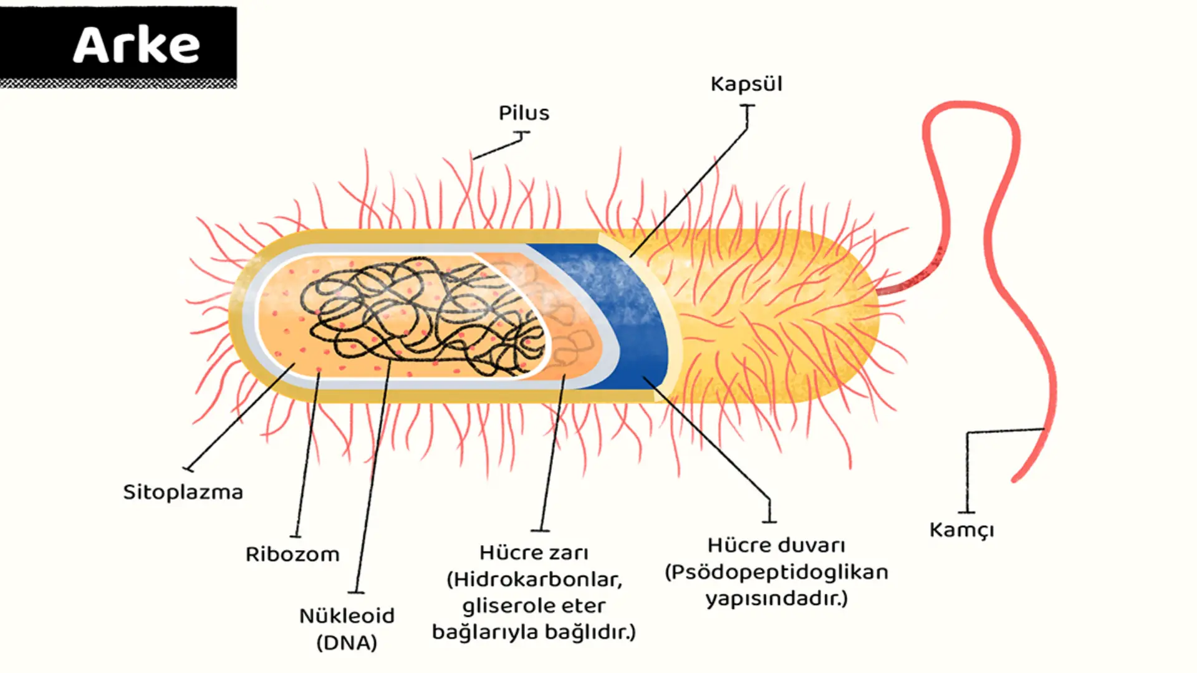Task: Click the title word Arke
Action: coord(137,45)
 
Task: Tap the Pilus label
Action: coord(524,113)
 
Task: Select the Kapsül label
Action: coord(746,84)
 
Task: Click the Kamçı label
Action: coord(961,530)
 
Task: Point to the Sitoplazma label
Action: coord(183,492)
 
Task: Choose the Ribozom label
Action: coord(292,554)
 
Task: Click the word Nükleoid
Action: coord(347,616)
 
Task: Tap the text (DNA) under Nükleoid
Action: coord(347,642)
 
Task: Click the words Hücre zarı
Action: coord(534,553)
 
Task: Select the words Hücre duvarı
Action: coord(776,545)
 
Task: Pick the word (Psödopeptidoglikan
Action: coord(776,572)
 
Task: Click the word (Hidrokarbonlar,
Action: coord(534,580)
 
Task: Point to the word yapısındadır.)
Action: coord(776,599)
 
